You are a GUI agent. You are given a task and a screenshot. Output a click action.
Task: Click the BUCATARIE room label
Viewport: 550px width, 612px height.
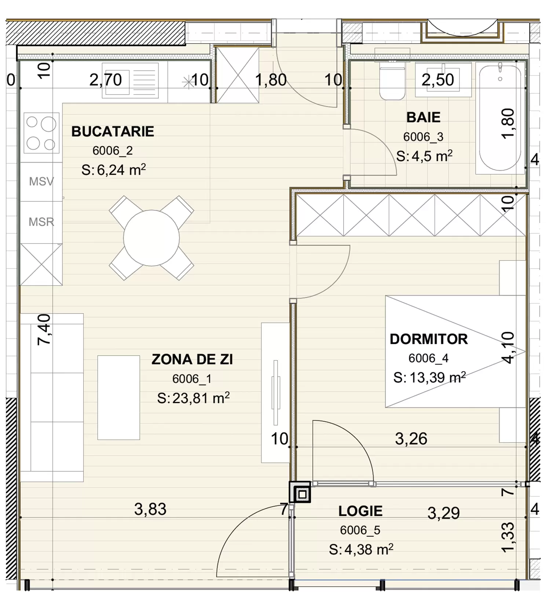pos(113,131)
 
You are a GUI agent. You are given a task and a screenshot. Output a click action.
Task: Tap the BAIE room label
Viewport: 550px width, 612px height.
pos(423,118)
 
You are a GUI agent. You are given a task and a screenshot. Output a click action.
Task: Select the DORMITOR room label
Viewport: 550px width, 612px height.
pos(429,339)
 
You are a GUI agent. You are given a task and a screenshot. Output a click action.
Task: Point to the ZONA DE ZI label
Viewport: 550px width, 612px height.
pos(192,360)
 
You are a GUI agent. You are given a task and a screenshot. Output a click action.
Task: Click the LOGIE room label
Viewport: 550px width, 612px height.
pos(360,511)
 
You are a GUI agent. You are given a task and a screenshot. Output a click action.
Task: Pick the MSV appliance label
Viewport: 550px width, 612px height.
pos(41,181)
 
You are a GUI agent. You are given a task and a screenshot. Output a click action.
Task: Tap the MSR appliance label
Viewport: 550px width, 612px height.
pos(41,222)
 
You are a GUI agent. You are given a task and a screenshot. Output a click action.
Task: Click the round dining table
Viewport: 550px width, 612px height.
pos(151,238)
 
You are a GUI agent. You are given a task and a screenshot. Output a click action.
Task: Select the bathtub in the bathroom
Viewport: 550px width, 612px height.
pos(500,117)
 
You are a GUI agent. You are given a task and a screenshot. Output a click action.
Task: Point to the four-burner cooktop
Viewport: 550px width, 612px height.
pos(41,133)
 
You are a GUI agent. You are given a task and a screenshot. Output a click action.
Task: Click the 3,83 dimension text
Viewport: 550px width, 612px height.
pos(150,509)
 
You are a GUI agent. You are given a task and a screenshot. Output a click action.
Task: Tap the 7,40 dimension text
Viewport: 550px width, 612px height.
pos(44,329)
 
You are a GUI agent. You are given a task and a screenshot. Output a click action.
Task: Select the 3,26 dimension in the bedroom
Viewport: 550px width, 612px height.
pos(411,439)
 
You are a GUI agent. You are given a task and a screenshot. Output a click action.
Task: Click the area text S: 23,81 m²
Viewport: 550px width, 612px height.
pos(193,398)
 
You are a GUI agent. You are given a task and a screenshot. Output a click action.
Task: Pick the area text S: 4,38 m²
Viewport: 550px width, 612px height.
pos(361,550)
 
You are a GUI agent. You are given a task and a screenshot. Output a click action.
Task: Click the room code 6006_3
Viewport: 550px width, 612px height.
pos(423,137)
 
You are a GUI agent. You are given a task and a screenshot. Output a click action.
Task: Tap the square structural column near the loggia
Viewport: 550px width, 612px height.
pos(300,492)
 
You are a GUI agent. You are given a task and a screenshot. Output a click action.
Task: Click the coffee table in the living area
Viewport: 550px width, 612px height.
pos(118,397)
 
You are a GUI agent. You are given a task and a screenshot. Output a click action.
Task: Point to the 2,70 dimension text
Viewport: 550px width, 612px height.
pos(106,80)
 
